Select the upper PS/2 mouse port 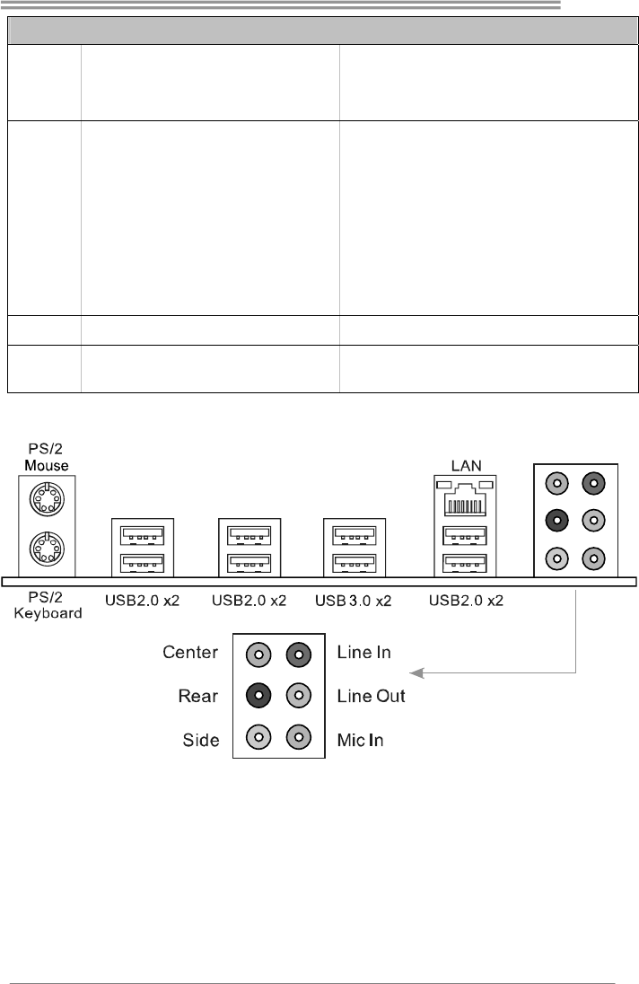(44, 497)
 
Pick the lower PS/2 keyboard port (44, 548)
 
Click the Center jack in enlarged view (258, 654)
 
